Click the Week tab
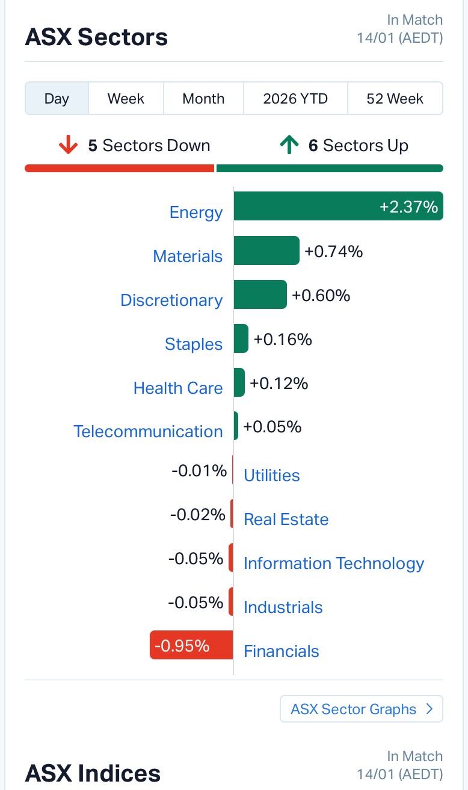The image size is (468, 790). pos(126,99)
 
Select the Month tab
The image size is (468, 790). pos(203,99)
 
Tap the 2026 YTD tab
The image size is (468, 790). pos(295,99)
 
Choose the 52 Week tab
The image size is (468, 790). pos(395,99)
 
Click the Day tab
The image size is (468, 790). pos(57,99)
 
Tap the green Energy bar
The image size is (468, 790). pos(338,207)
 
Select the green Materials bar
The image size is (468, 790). pos(266,250)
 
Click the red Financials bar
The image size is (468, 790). pos(191,645)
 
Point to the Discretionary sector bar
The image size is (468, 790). pos(260,294)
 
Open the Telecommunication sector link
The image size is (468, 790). pos(148,431)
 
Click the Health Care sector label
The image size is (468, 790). pos(178,388)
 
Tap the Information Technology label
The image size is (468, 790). pos(334,564)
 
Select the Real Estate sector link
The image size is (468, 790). pos(286,520)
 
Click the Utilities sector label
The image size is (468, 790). pos(271,476)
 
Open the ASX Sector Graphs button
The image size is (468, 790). pos(361,709)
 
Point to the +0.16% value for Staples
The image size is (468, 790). pos(283,340)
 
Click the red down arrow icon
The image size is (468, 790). pos(69,146)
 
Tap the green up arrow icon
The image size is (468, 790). pos(289,146)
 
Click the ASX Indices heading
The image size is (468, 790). pos(93,773)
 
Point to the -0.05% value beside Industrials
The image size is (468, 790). pos(196,602)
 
